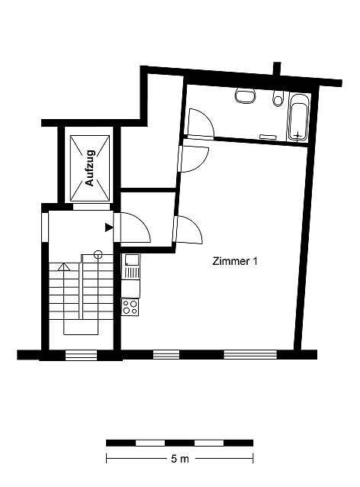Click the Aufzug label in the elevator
point(90,168)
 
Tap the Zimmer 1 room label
point(235,261)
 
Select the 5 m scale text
point(180,459)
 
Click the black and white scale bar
point(180,443)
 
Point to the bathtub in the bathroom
point(298,118)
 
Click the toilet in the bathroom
point(278,98)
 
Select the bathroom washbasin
point(245,95)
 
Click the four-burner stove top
point(130,307)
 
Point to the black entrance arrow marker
point(108,227)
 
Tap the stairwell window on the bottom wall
point(82,355)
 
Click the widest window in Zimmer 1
point(250,354)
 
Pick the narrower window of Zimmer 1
point(166,354)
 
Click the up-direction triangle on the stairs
point(64,267)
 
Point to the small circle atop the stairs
point(98,255)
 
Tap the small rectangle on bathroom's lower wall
point(268,137)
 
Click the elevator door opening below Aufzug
point(92,207)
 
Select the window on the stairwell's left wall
point(45,227)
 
